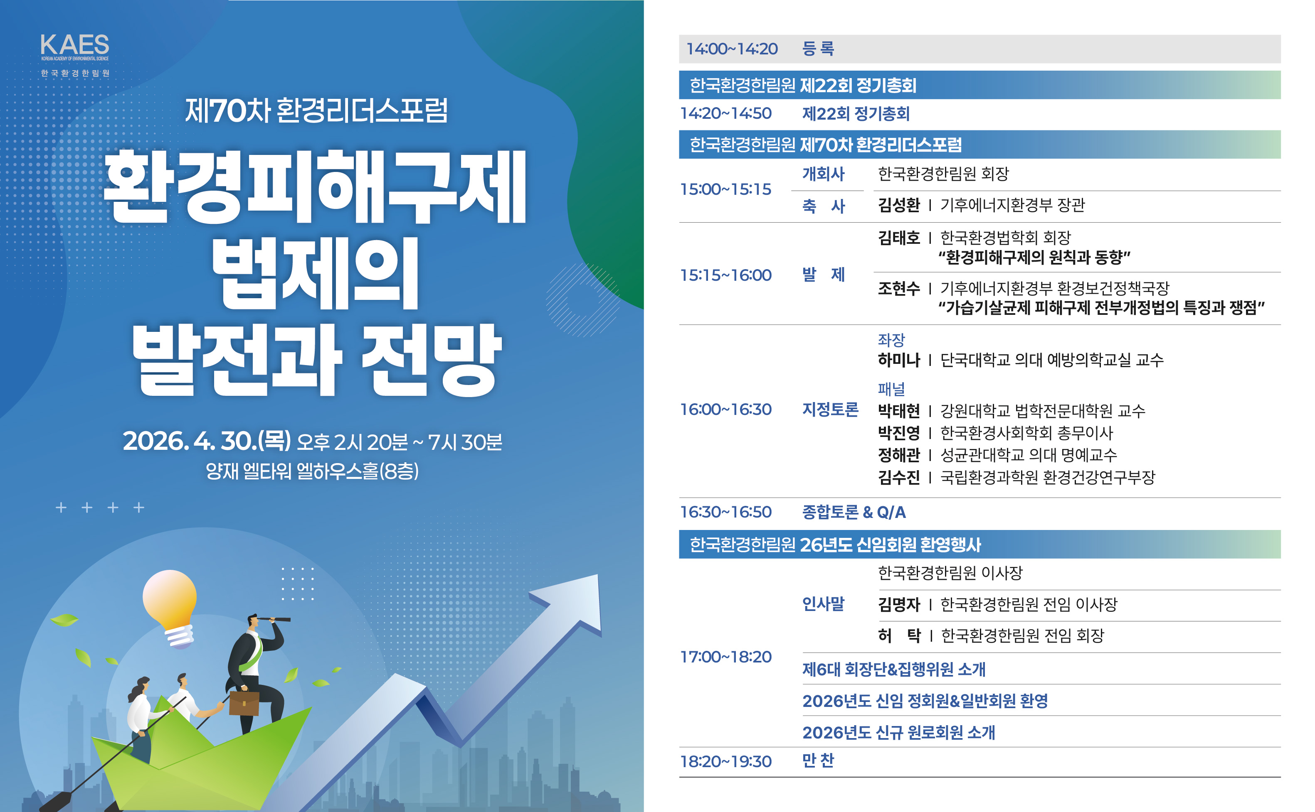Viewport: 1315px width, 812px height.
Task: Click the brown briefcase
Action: tap(244, 704)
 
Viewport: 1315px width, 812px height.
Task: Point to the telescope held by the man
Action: tap(274, 619)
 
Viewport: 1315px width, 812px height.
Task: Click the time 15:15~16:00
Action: tap(725, 275)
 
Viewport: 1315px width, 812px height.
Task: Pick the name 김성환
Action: tap(898, 205)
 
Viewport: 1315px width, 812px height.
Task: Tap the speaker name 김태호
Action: tap(898, 238)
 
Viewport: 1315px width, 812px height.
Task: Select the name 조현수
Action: tap(898, 288)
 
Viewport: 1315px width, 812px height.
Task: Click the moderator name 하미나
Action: tap(898, 359)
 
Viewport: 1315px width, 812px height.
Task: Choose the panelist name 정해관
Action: tap(898, 455)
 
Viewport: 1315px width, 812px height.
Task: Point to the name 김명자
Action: tap(898, 604)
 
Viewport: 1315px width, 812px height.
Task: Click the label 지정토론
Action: tap(830, 409)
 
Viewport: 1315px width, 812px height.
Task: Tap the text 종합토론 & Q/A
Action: tap(854, 512)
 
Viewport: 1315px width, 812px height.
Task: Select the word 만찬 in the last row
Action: tap(818, 760)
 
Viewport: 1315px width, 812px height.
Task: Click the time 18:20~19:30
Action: tap(725, 761)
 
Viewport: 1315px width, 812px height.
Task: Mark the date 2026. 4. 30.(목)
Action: tap(207, 441)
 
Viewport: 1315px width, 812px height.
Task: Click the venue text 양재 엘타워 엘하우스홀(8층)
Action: tap(312, 471)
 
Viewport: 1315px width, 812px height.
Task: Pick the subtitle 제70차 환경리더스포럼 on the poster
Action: tap(316, 110)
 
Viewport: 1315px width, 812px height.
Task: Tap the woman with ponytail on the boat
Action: tap(141, 719)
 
